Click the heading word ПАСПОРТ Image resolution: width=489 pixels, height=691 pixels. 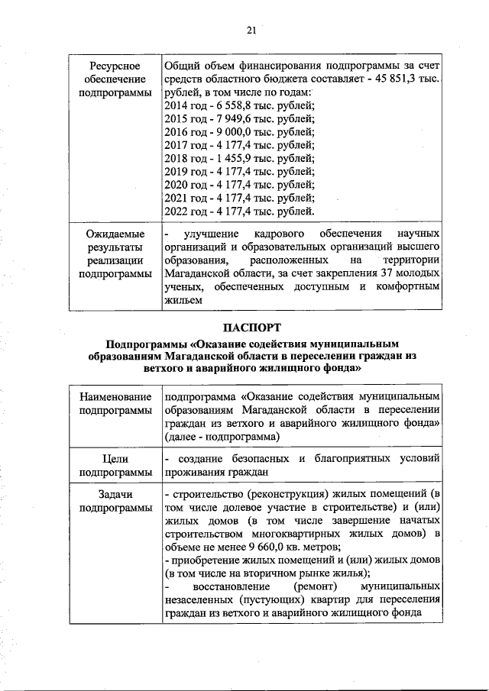coord(251,328)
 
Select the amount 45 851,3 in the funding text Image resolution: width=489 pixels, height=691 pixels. coord(400,79)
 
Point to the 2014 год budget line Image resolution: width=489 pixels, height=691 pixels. coord(239,105)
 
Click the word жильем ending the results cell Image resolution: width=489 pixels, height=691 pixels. coord(183,301)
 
